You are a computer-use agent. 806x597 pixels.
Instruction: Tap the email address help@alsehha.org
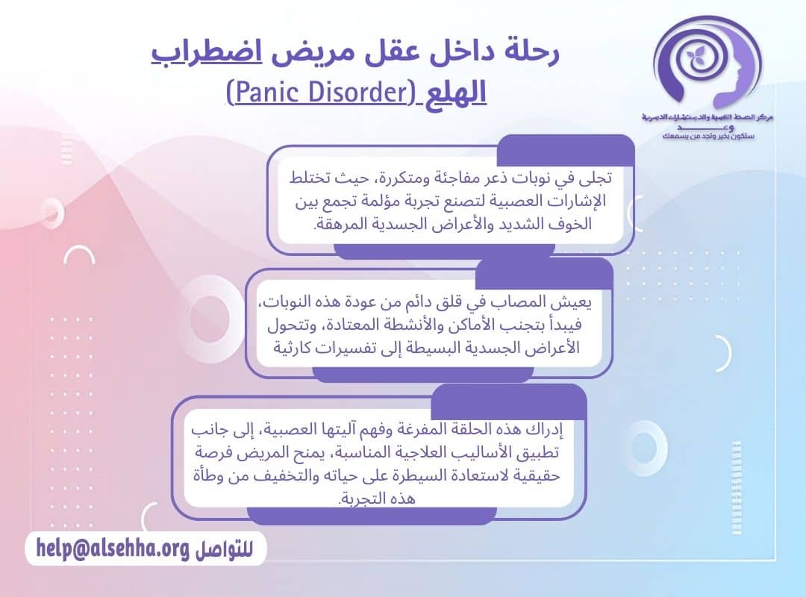(110, 550)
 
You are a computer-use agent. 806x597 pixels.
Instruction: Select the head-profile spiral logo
(705, 63)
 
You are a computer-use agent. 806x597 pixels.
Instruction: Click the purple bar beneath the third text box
(371, 515)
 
